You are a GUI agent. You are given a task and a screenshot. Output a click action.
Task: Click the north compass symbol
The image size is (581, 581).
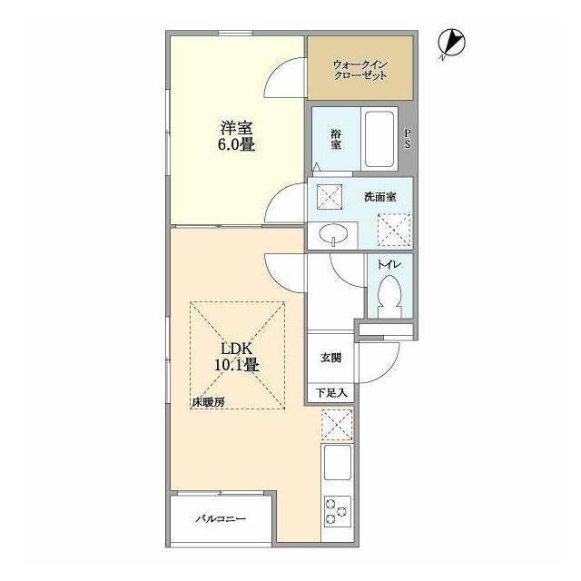pos(452,44)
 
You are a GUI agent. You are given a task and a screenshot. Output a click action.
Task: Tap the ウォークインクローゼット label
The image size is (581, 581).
pos(360,70)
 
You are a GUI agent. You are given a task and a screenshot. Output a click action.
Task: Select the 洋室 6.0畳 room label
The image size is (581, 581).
pos(237,136)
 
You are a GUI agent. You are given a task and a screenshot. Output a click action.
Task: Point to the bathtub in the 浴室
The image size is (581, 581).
pos(379,139)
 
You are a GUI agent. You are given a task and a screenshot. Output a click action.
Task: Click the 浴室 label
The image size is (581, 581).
pos(336,139)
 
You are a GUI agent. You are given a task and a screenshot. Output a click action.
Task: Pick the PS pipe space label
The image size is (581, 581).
pos(408,139)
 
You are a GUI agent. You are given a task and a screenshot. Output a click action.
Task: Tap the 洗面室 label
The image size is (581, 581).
pos(380,197)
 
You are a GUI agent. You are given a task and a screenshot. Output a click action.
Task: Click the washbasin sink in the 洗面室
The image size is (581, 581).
pos(333,235)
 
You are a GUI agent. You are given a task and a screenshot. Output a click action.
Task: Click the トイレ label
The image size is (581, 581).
pos(389,264)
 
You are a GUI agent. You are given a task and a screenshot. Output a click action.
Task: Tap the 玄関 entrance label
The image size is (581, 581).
pos(330,358)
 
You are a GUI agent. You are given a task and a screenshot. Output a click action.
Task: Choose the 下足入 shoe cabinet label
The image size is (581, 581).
pos(331,392)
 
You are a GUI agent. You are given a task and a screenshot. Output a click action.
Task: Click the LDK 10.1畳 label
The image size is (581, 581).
pos(237,357)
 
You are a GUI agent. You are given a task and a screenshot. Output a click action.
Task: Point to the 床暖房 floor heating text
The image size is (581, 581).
pos(208,402)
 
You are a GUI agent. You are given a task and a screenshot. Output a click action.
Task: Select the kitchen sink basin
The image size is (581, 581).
pos(338,462)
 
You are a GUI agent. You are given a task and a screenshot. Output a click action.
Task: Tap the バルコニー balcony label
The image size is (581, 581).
pos(221,518)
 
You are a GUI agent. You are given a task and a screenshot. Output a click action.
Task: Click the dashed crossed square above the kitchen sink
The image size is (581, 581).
pos(337,424)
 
